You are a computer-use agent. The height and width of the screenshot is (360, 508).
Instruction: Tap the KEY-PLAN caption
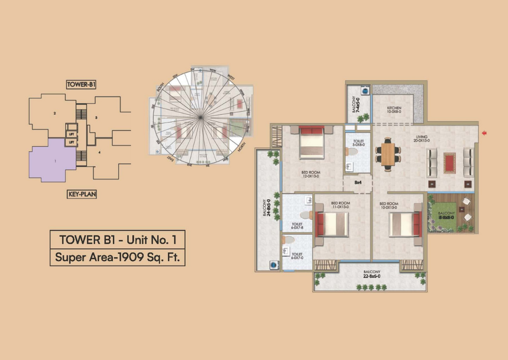[x=82, y=194]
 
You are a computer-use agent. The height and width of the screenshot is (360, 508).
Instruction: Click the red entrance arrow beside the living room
[x=484, y=133]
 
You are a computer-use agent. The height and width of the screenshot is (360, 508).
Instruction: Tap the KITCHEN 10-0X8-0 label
[x=394, y=110]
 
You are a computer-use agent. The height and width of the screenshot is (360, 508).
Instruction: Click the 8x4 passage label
[x=358, y=181]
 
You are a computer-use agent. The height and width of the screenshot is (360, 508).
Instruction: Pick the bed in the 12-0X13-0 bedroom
[x=312, y=142]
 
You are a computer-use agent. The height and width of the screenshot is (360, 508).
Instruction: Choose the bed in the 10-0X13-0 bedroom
[x=406, y=224]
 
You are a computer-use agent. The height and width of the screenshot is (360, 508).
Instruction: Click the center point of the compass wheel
[x=201, y=116]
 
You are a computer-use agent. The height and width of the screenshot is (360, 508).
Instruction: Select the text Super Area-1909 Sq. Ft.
[x=117, y=257]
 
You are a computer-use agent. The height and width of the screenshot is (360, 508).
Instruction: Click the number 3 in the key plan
[x=97, y=117]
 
